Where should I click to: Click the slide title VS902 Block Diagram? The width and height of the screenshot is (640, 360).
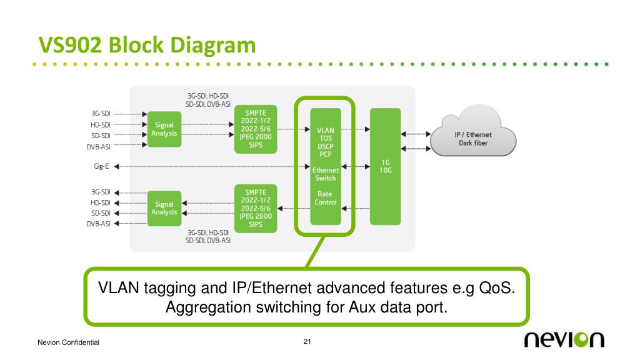tap(147, 45)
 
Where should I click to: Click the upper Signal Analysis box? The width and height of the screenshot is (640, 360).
tap(164, 129)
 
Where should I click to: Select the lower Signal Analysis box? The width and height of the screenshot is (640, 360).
tap(164, 208)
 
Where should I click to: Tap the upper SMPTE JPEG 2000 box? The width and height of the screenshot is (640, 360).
tap(256, 129)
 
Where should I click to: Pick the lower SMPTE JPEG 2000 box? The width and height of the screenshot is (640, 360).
tap(256, 208)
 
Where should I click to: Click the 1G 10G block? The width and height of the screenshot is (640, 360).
tap(385, 166)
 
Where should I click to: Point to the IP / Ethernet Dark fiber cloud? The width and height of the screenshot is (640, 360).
tap(473, 132)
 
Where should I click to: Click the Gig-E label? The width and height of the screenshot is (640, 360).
tap(101, 166)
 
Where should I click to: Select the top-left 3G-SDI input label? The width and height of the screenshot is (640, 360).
tap(101, 114)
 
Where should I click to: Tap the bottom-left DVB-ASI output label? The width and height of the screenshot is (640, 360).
tap(98, 224)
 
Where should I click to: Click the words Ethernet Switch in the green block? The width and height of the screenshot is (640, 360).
tap(325, 174)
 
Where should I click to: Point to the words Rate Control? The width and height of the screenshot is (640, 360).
tap(325, 198)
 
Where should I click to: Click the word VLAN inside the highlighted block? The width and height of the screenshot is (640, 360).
tap(325, 131)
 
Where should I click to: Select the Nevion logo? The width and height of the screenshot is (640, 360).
tap(564, 339)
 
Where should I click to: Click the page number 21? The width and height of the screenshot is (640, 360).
tap(307, 341)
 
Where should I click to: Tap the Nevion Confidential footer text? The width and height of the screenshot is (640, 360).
tap(69, 342)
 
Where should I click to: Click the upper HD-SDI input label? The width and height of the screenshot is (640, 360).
tap(101, 124)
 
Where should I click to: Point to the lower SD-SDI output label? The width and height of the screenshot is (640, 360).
tap(101, 213)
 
